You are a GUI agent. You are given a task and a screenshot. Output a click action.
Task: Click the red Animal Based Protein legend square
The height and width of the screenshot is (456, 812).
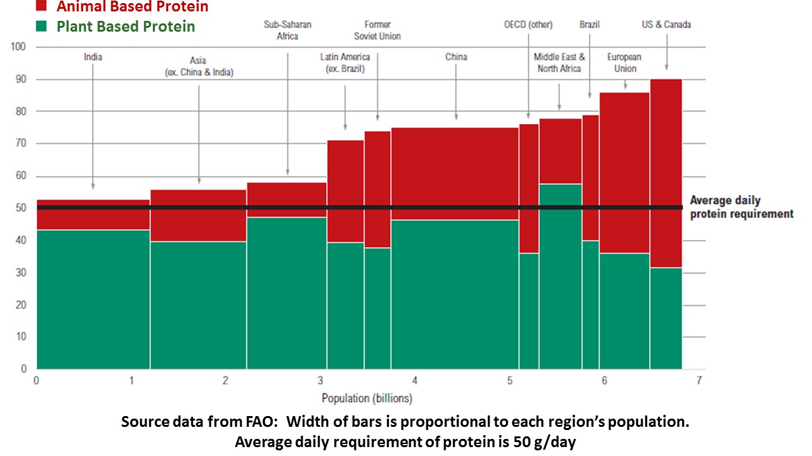point(41,6)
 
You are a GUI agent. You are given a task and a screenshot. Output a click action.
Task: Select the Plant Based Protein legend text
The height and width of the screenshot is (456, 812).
point(126,27)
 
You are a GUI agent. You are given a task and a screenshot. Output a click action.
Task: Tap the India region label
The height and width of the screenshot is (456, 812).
point(93,57)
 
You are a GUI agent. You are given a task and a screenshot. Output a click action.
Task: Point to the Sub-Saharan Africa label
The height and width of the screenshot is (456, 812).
point(287,30)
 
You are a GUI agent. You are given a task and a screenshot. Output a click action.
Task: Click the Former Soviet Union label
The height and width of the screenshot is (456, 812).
point(377,30)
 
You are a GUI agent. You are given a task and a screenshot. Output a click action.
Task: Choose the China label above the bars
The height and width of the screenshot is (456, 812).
point(456,57)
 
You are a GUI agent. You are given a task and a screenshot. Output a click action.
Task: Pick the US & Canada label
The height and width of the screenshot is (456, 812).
point(666,25)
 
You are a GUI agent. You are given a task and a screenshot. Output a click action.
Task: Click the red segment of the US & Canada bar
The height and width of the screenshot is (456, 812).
point(665,171)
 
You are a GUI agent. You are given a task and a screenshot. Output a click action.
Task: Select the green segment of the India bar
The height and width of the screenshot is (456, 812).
point(93,298)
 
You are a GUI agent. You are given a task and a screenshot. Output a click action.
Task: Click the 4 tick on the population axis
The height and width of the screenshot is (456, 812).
point(414,381)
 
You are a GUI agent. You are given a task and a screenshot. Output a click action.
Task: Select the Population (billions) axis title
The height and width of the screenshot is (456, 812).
point(367,398)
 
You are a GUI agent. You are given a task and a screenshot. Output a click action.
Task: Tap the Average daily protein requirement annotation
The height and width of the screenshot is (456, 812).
point(741,208)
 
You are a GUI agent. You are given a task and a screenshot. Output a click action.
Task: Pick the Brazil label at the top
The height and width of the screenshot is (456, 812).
point(589,25)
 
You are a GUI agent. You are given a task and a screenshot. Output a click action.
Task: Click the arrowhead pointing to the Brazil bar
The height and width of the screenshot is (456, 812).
point(590,96)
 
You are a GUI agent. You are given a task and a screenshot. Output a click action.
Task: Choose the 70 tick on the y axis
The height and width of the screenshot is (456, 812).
point(20,144)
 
